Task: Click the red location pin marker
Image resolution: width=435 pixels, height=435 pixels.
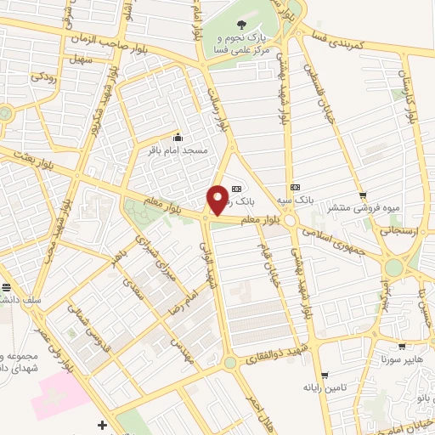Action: (x=218, y=199)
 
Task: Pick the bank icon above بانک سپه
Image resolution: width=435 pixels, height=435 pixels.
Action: (x=295, y=186)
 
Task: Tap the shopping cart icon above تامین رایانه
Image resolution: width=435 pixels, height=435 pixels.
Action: (x=325, y=375)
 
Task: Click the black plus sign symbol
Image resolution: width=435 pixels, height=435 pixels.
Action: (x=103, y=424)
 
